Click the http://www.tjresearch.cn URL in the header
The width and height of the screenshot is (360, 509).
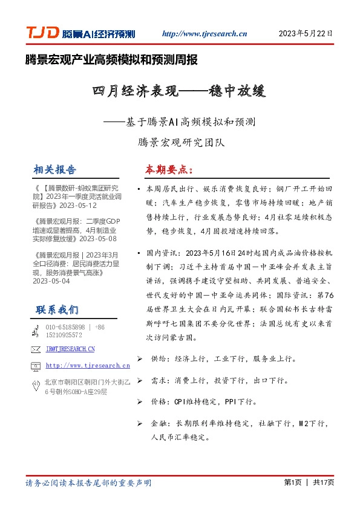point(205,34)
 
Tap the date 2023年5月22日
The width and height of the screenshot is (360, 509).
point(306,34)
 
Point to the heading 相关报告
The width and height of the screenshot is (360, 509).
point(56,169)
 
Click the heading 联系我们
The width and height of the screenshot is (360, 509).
point(57,310)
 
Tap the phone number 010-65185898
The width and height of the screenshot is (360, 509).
point(66,327)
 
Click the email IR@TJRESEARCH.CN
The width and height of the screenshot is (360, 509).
point(70,349)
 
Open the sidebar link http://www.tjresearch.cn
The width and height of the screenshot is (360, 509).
point(88,366)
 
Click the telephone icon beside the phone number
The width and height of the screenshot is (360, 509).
point(35,331)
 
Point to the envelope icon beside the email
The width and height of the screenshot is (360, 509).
point(35,349)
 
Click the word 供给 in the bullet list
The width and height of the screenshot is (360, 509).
point(157,359)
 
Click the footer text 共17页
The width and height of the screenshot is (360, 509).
point(324,482)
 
